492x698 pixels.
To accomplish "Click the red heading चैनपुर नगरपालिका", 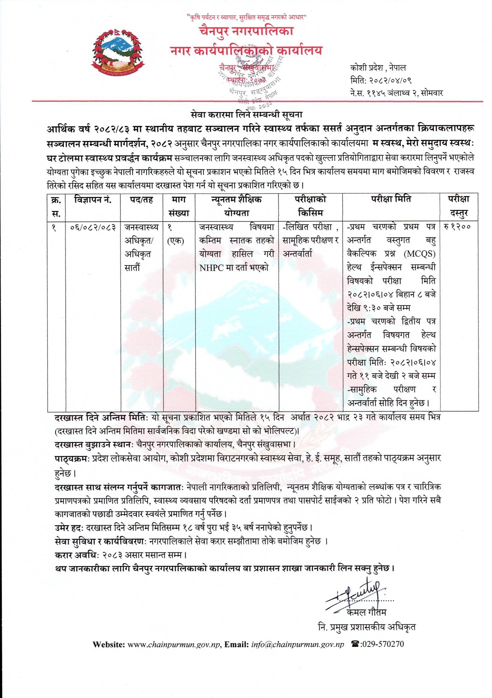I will tap(246, 31).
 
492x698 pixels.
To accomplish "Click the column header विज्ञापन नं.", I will tap(93, 200).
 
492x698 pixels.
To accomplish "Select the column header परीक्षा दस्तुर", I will tap(459, 206).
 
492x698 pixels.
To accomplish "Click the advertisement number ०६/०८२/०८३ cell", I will tap(93, 227).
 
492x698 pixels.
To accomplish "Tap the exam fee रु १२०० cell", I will tap(457, 227).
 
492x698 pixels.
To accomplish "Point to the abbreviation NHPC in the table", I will tap(210, 268).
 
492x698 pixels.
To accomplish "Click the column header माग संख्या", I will tap(179, 206).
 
